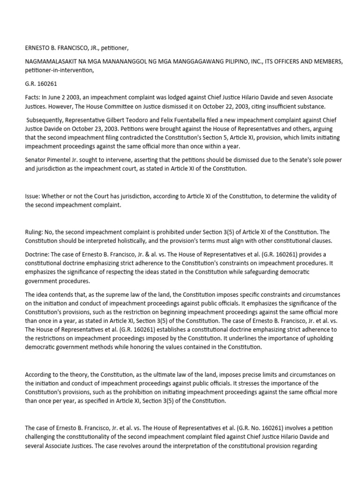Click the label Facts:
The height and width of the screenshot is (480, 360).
click(x=33, y=97)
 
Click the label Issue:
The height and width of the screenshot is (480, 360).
click(x=33, y=195)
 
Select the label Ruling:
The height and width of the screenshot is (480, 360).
click(x=35, y=232)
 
